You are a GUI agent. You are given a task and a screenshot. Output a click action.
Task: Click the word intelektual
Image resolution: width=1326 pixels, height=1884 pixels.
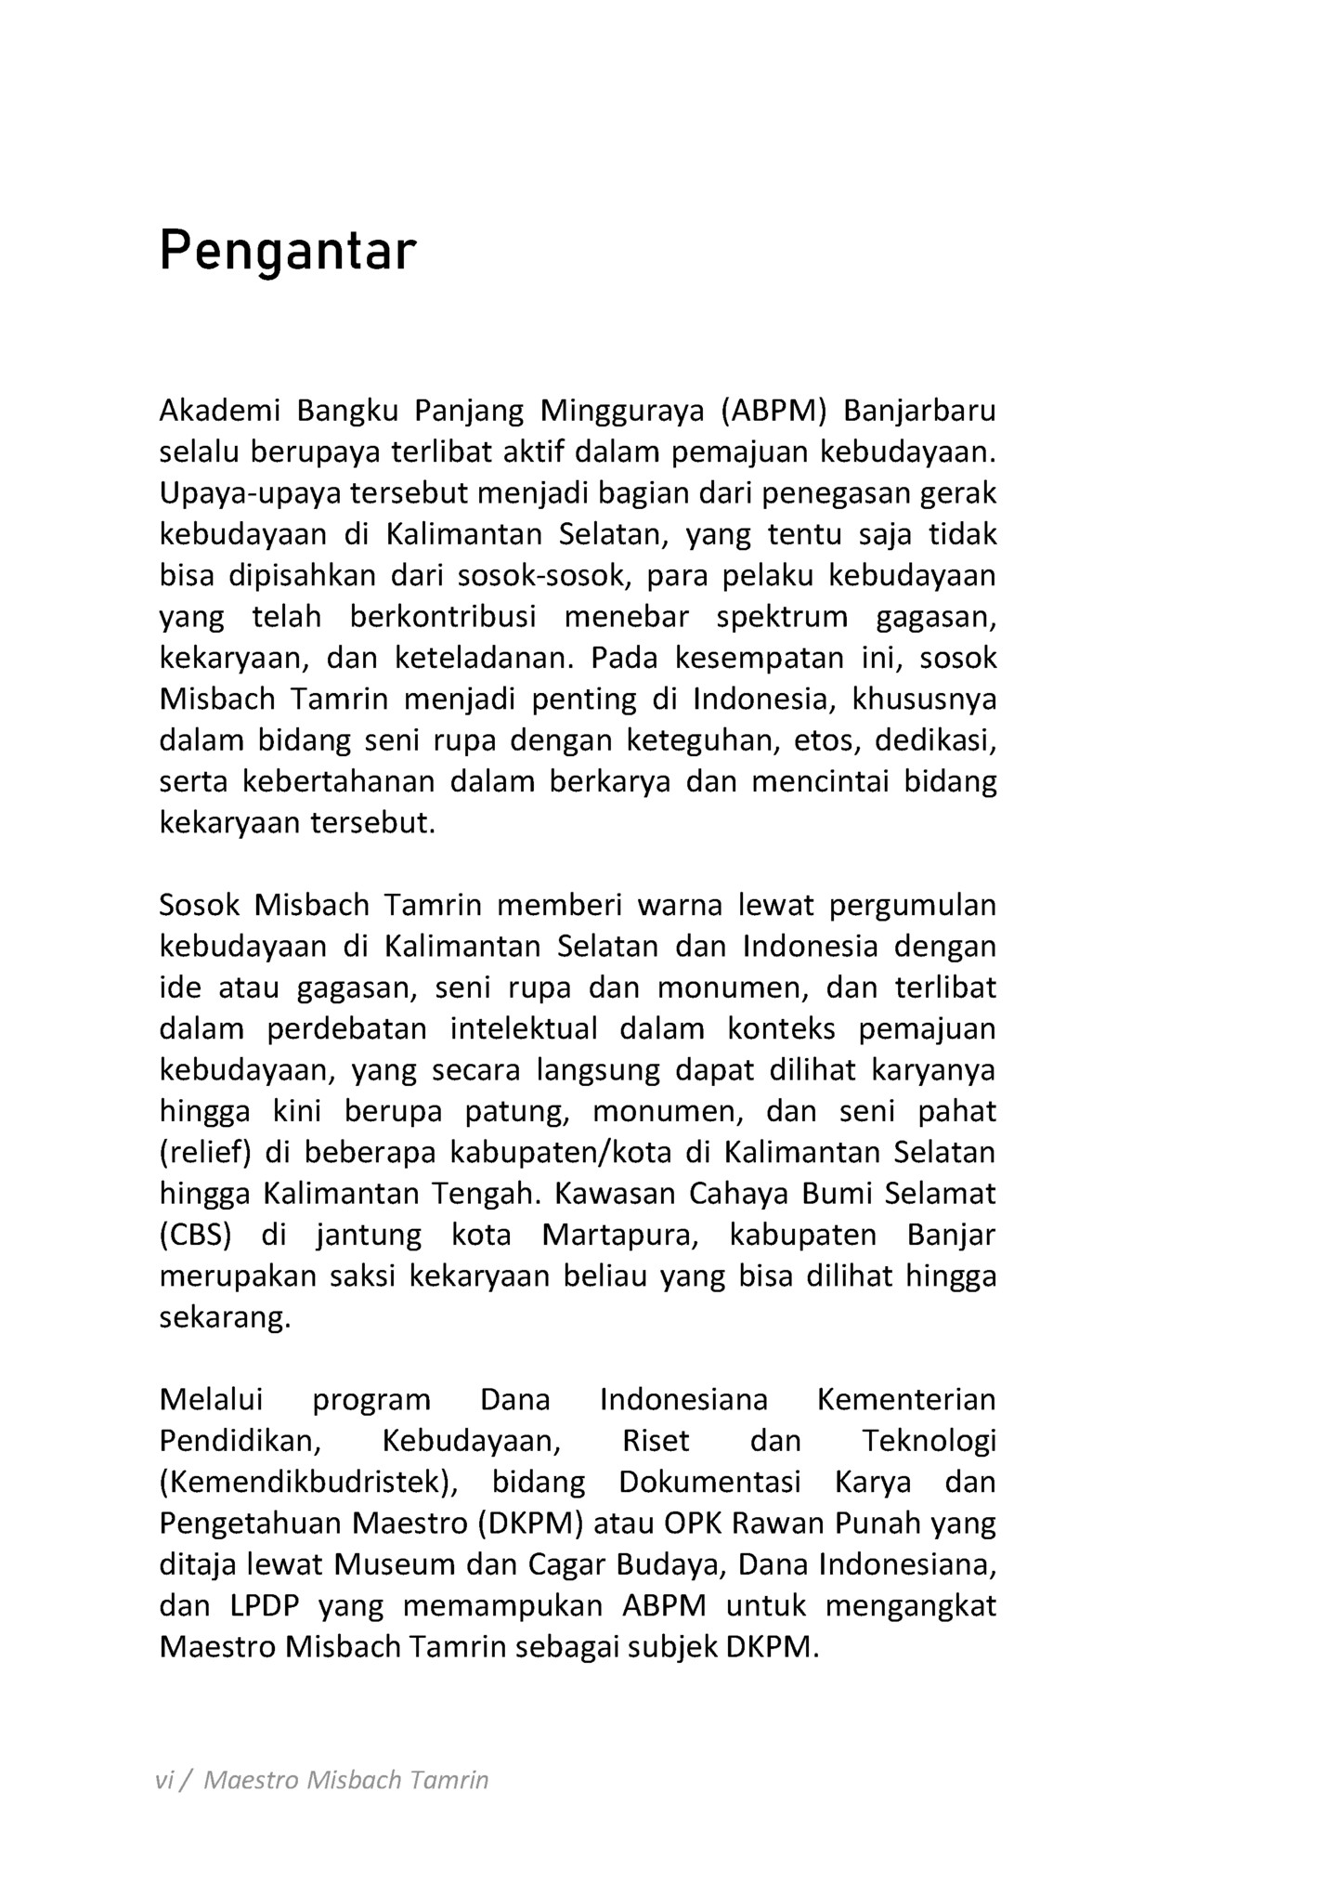526,1028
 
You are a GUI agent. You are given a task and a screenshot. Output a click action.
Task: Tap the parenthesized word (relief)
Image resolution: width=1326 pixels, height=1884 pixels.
206,1152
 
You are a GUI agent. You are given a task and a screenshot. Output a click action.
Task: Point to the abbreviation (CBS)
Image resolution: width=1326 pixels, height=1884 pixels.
195,1235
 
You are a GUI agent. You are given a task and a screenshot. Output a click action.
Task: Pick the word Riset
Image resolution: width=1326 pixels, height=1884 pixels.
656,1441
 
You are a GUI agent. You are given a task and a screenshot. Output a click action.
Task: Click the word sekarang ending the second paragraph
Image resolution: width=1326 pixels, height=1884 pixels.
225,1317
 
